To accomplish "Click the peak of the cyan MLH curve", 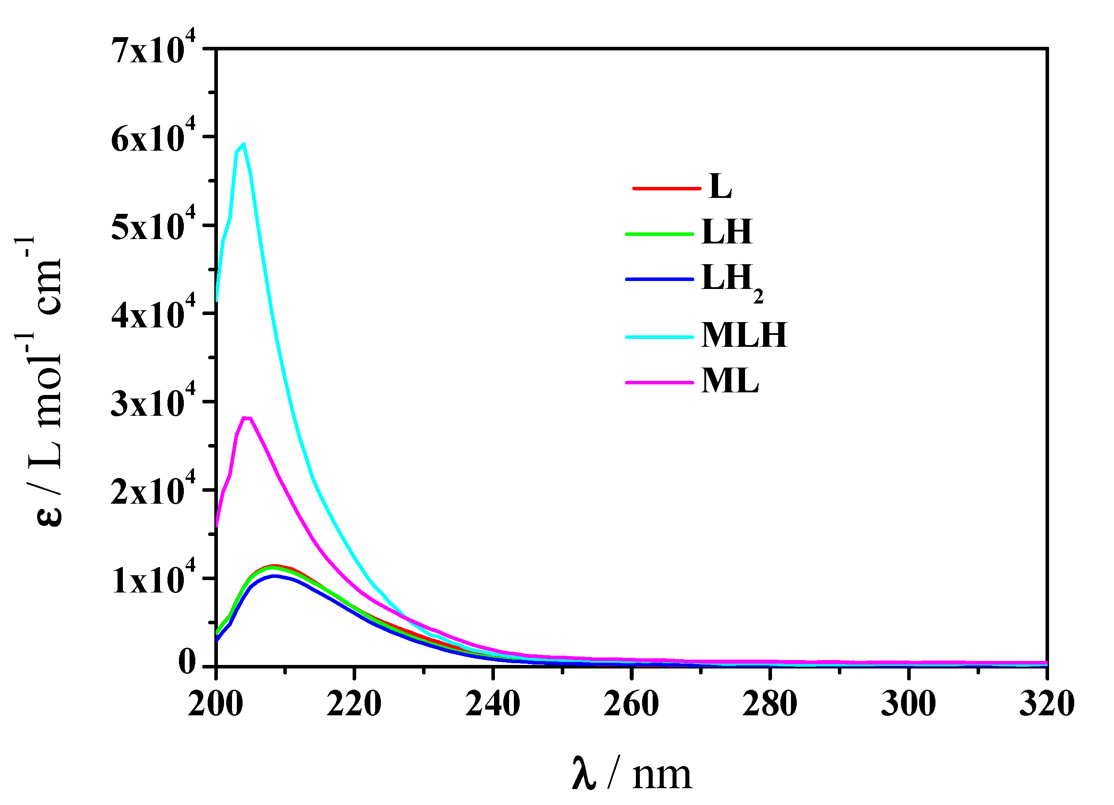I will (x=243, y=144).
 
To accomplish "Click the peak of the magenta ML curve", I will (x=247, y=418).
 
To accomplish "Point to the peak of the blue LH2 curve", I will (x=274, y=576).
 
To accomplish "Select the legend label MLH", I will (x=744, y=335).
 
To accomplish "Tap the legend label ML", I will (x=730, y=381).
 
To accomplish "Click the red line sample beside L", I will (x=666, y=188).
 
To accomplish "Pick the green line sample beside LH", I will (x=659, y=234).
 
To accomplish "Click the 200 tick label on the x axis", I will (x=216, y=704).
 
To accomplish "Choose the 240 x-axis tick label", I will (x=493, y=704).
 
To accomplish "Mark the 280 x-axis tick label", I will (x=770, y=704).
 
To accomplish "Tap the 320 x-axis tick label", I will (x=1047, y=704).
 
